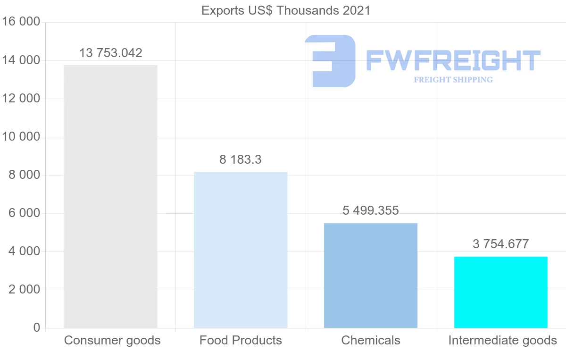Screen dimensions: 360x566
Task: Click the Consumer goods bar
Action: click(x=110, y=196)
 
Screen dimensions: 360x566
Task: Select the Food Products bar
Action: click(x=241, y=250)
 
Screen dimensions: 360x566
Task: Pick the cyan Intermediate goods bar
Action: click(x=500, y=292)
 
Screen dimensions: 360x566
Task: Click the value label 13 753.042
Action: click(x=110, y=53)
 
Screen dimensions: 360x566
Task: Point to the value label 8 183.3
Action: click(x=241, y=159)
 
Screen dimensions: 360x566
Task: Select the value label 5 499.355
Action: click(x=371, y=210)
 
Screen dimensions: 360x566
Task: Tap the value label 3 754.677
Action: click(x=500, y=244)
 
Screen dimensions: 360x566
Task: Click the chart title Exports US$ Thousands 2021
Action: click(x=286, y=10)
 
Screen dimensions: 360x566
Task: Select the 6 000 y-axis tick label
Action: click(x=24, y=213)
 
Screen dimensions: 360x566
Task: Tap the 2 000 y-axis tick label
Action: click(x=24, y=290)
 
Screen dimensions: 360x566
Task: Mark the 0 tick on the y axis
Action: click(x=37, y=328)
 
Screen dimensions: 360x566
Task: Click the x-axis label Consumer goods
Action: click(x=112, y=340)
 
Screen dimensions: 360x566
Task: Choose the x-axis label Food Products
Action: click(x=241, y=340)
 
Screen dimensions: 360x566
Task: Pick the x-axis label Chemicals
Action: click(x=371, y=340)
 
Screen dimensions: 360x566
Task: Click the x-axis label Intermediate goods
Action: click(x=502, y=340)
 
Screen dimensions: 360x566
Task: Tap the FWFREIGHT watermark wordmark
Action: click(x=453, y=60)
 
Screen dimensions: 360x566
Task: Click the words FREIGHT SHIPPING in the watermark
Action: click(x=453, y=80)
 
